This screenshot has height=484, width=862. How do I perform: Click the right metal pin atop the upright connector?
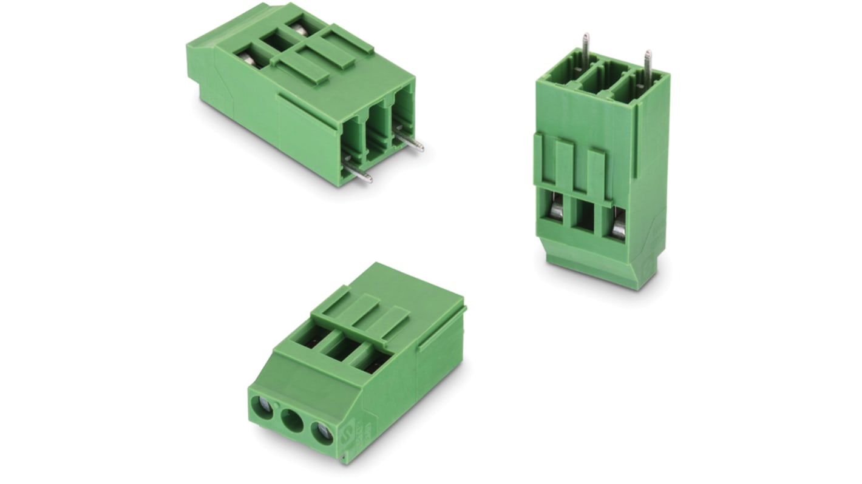pos(648,64)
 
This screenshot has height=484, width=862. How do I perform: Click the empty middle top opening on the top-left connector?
pos(278,42)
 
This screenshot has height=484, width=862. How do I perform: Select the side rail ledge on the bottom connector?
pos(442,329)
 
